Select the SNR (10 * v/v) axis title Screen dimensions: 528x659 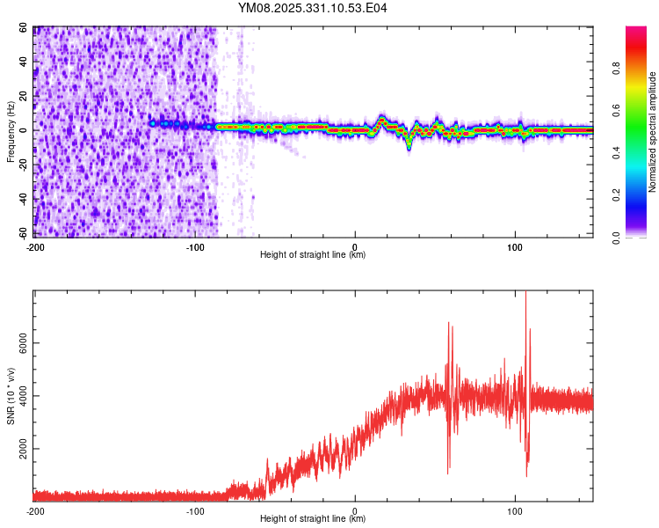coord(11,396)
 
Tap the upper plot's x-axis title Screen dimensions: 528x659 coord(313,255)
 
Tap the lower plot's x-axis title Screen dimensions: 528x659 coord(313,519)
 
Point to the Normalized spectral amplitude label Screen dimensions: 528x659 coord(652,132)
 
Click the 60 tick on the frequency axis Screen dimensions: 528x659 coord(25,28)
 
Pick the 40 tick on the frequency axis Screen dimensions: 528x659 coord(25,62)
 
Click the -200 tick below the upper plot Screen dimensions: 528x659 coord(35,246)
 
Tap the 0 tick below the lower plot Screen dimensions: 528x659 coord(355,510)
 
